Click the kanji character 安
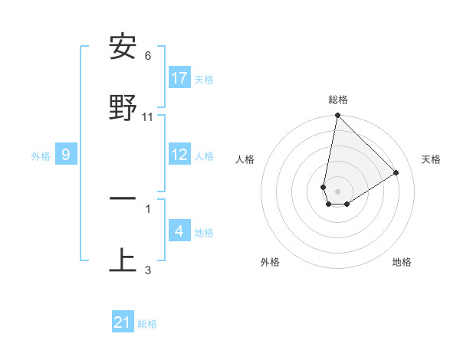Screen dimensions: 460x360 point(123,48)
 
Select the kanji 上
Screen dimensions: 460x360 point(123,260)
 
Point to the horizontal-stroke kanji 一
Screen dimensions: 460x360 point(123,198)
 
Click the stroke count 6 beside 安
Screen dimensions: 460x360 point(148,56)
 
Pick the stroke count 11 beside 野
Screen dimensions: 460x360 point(148,117)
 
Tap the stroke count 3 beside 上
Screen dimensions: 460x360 point(148,270)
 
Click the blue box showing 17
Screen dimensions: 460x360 point(179,78)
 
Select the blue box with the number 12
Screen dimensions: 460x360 point(179,155)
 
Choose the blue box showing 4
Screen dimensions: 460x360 point(179,231)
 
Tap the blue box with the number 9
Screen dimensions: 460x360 point(66,155)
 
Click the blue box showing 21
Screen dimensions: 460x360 point(123,322)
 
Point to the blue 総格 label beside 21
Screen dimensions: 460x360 point(147,324)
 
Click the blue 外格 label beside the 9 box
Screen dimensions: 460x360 point(41,156)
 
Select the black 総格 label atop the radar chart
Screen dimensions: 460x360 point(338,100)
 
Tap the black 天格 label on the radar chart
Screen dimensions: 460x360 point(432,159)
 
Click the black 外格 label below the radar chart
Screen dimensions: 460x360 point(270,262)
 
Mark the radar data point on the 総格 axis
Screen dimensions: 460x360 point(337,116)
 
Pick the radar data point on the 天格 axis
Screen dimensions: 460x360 point(396,172)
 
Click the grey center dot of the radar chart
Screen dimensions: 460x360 point(338,191)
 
